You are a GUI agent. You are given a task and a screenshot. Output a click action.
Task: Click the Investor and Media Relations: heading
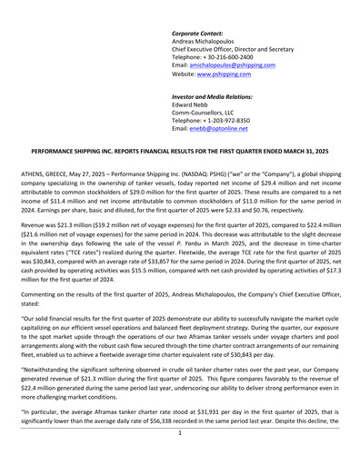point(212,96)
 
